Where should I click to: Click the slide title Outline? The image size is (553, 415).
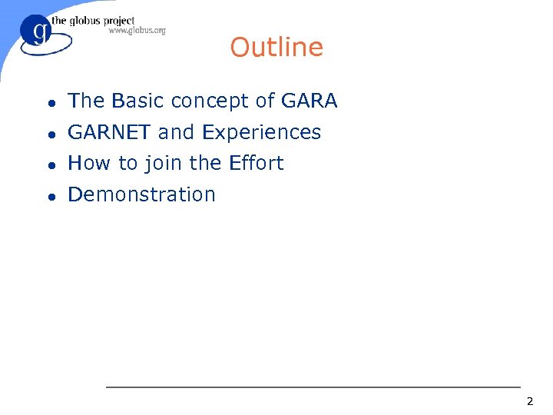[x=276, y=48]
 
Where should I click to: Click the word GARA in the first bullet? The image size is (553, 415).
[x=310, y=101]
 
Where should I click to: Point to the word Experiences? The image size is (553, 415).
[x=261, y=133]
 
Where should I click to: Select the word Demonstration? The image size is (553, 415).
[x=141, y=194]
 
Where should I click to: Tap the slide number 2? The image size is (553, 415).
[x=529, y=401]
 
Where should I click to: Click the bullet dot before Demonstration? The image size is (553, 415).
[x=49, y=195]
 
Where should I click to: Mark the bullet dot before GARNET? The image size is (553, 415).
[x=49, y=134]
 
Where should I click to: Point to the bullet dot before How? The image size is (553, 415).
[x=49, y=164]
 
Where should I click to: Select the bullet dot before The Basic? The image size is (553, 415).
[x=49, y=102]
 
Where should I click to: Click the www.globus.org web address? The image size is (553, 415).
[x=137, y=31]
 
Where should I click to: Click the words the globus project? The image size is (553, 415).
[x=93, y=21]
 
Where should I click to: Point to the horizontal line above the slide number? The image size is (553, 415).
[x=313, y=387]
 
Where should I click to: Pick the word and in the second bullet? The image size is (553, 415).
[x=176, y=132]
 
